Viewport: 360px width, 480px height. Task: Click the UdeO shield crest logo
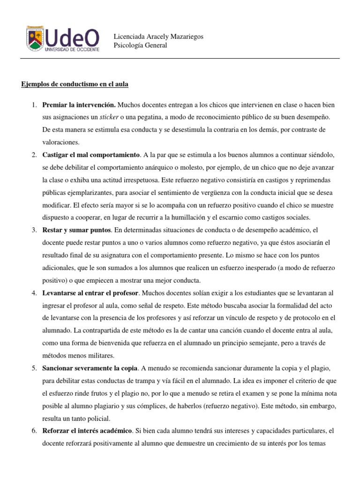[x=34, y=39]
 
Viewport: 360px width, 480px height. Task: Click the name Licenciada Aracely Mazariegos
[x=159, y=37]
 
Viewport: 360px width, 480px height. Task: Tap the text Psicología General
[x=140, y=45]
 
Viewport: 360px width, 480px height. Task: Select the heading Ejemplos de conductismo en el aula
[x=75, y=84]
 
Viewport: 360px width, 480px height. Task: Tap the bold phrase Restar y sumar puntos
[x=76, y=230]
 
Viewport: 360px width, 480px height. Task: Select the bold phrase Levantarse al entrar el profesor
[x=90, y=293]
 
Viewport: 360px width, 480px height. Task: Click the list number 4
[x=35, y=293]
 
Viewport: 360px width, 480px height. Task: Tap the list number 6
[x=35, y=430]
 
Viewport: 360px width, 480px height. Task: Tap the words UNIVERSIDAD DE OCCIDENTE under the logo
[x=72, y=49]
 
